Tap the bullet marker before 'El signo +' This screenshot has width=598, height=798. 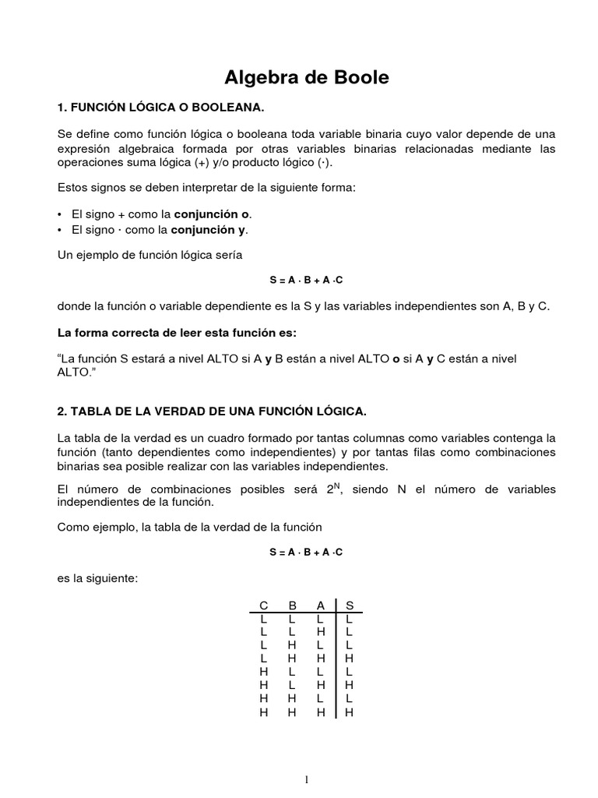point(61,214)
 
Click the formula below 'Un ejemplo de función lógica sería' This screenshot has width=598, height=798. point(306,279)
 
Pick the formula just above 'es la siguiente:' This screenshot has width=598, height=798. point(306,552)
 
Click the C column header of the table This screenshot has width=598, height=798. point(264,605)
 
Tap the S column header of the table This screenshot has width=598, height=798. point(349,605)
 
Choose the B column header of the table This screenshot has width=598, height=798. point(292,605)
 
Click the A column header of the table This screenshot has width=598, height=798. point(320,605)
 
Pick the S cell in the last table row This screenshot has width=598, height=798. point(349,711)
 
